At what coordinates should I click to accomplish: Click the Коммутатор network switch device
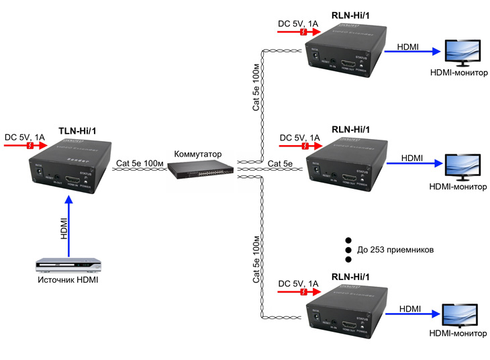click(199, 171)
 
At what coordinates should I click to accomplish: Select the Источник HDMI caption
click(68, 279)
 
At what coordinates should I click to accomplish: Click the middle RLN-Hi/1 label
click(352, 130)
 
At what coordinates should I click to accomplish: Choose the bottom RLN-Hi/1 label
click(352, 277)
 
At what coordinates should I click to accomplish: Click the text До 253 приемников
click(396, 250)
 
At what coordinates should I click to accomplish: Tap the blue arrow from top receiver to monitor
click(409, 52)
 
